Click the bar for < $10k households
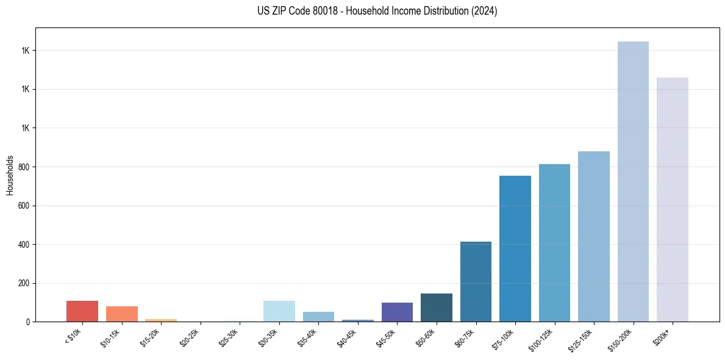82,311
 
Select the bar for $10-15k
122,314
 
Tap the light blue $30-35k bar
279,311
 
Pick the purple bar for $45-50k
397,312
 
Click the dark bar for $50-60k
437,308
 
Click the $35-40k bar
318,317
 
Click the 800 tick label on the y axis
23,167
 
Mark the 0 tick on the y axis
28,322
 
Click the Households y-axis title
10,175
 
